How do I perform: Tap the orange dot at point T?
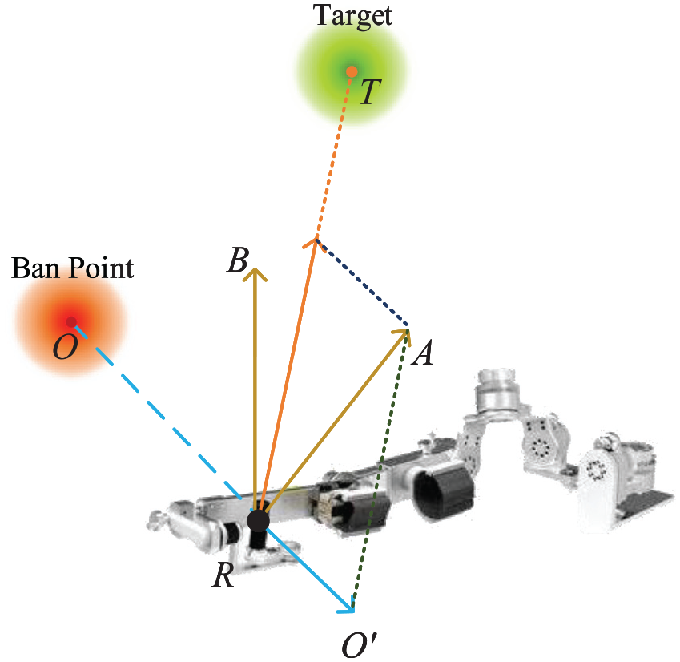pos(352,71)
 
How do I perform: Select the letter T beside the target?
pos(370,92)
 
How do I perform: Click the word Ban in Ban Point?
pos(35,268)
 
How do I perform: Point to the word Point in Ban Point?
pos(101,268)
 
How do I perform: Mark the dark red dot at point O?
pos(71,322)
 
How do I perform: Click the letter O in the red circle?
pos(65,347)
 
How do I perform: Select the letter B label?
pos(238,260)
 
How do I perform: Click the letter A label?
pos(423,353)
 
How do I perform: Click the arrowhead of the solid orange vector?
pos(315,244)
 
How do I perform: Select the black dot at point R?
pos(258,521)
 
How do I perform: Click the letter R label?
pos(223,575)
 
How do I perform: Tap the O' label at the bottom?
pos(359,645)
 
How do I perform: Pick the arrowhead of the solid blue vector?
pos(348,607)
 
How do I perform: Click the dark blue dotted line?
pos(362,282)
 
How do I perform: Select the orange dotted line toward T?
pos(334,155)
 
